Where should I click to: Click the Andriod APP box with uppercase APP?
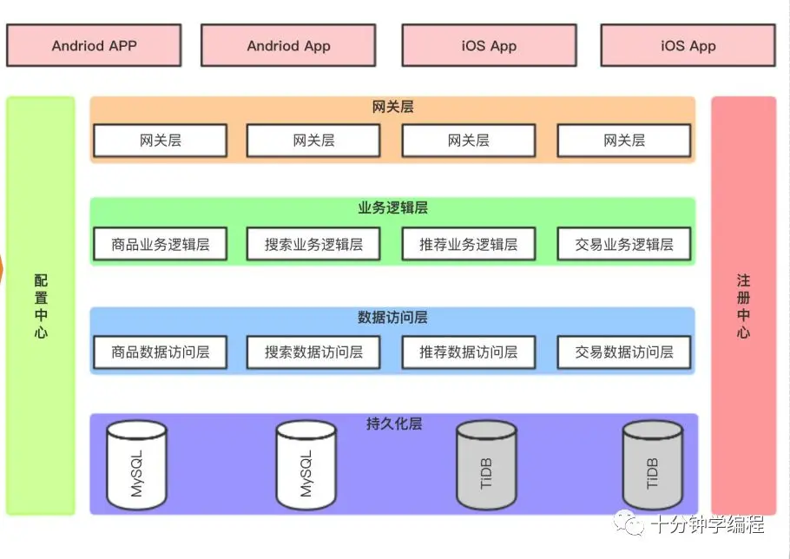(94, 45)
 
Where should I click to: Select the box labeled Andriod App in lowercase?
(288, 45)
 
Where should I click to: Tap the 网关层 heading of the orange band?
(393, 107)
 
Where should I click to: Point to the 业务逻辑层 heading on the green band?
(393, 207)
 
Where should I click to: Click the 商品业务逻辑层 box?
(161, 244)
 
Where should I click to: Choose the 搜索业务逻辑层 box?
(313, 244)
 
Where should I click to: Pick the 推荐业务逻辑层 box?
(469, 244)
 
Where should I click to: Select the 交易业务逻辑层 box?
(623, 244)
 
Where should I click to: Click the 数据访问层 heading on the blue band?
(393, 318)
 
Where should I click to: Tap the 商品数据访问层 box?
(161, 352)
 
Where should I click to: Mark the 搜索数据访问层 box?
(313, 352)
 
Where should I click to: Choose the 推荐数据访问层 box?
(469, 352)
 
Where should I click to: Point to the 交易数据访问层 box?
(623, 352)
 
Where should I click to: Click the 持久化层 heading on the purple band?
(394, 424)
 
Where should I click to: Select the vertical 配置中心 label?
(41, 306)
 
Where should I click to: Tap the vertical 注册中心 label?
(743, 306)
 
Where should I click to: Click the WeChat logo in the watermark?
(629, 523)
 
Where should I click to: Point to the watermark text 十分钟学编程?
(708, 524)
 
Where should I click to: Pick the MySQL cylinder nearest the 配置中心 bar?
(136, 465)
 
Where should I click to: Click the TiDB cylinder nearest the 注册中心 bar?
(653, 465)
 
